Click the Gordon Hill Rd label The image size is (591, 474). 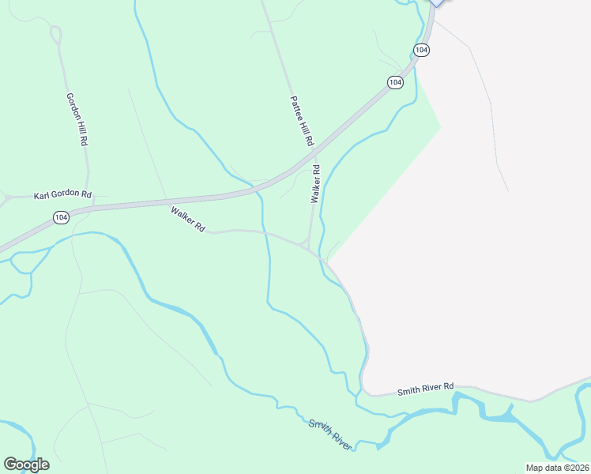(77, 118)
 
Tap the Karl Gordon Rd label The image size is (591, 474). (63, 194)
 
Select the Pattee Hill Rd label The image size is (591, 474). (302, 121)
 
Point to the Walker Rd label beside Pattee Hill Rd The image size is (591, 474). (316, 184)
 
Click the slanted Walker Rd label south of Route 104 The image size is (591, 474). (188, 219)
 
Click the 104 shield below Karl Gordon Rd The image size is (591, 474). (62, 216)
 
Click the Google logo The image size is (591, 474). (27, 465)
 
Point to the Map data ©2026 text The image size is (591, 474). (557, 467)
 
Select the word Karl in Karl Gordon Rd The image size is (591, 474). (41, 194)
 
